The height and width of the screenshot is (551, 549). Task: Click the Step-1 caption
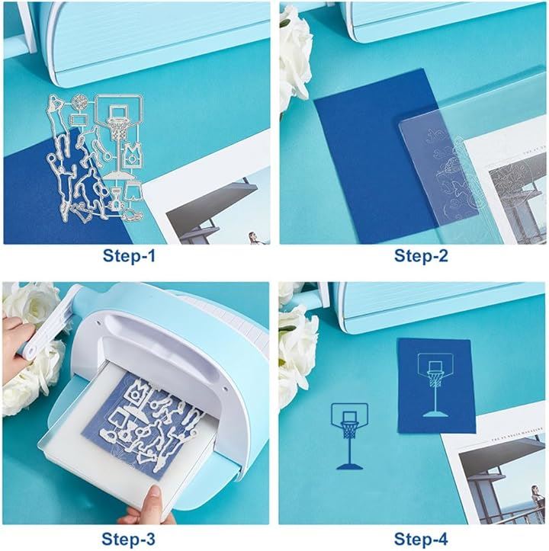pyautogui.click(x=129, y=256)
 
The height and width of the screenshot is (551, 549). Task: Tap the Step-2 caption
pyautogui.click(x=421, y=256)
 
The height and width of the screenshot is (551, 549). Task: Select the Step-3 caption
pyautogui.click(x=128, y=539)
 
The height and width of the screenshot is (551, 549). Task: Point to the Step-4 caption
pyautogui.click(x=421, y=539)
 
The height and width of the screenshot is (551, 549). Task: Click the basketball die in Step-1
pyautogui.click(x=80, y=102)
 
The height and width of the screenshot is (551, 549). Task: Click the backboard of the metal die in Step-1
pyautogui.click(x=119, y=110)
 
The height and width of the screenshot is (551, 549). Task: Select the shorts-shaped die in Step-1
pyautogui.click(x=133, y=191)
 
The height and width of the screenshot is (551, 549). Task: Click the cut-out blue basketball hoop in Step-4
pyautogui.click(x=349, y=436)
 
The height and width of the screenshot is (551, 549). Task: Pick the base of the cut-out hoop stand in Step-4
pyautogui.click(x=349, y=466)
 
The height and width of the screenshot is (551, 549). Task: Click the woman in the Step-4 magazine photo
pyautogui.click(x=536, y=498)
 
